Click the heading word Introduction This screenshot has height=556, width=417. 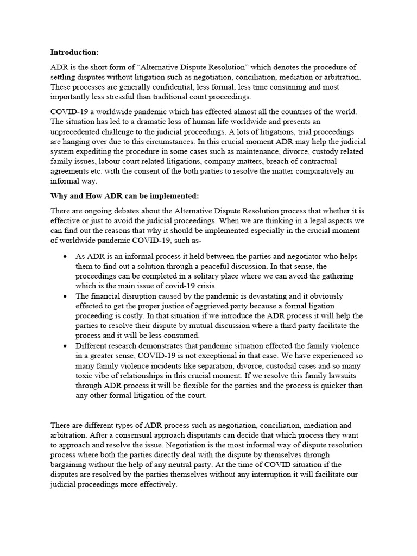74,53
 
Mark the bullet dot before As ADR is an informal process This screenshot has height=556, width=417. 65,256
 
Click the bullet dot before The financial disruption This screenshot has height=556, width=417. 65,296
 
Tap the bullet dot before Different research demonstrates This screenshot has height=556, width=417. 65,346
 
